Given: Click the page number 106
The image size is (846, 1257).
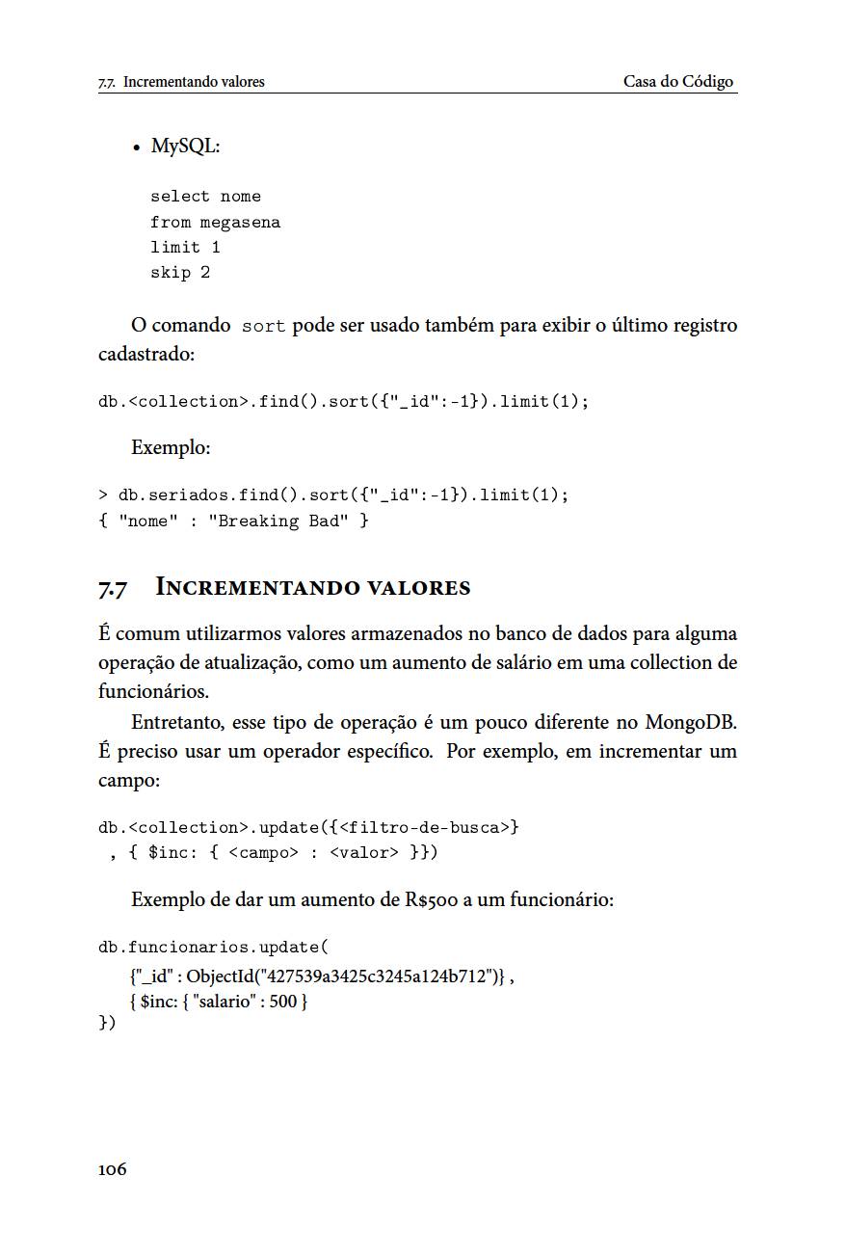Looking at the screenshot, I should tap(112, 1169).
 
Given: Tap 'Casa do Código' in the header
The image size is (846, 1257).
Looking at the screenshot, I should tap(678, 82).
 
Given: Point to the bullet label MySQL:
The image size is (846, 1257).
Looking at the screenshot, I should tap(186, 147).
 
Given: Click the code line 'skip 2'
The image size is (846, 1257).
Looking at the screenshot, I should tap(180, 273).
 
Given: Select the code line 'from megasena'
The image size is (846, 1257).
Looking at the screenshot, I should tap(215, 223).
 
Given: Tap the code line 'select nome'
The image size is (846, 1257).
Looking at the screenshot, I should tap(205, 197).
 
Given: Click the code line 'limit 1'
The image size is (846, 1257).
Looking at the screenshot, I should tap(185, 248).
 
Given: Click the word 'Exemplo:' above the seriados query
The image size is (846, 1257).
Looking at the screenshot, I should tap(171, 448).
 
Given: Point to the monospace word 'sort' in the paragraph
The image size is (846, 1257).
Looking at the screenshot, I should tap(263, 326).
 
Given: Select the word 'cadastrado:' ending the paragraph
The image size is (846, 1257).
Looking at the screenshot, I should tap(146, 354).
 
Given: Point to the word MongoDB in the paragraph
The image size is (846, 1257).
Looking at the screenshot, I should tap(690, 722).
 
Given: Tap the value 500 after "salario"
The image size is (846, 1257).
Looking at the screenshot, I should tap(283, 1002).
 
